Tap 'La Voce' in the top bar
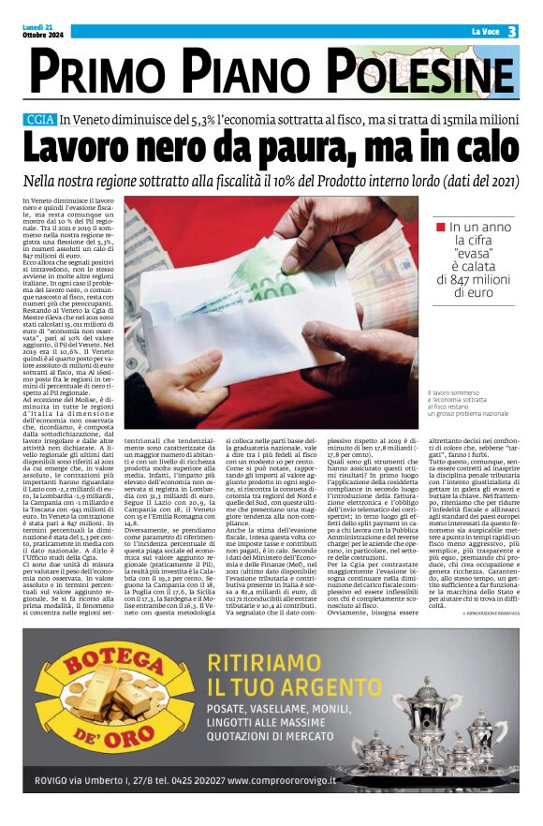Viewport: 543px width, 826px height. [484, 32]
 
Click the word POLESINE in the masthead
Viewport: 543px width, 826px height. [426, 72]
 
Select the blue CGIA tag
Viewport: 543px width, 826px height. [40, 119]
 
